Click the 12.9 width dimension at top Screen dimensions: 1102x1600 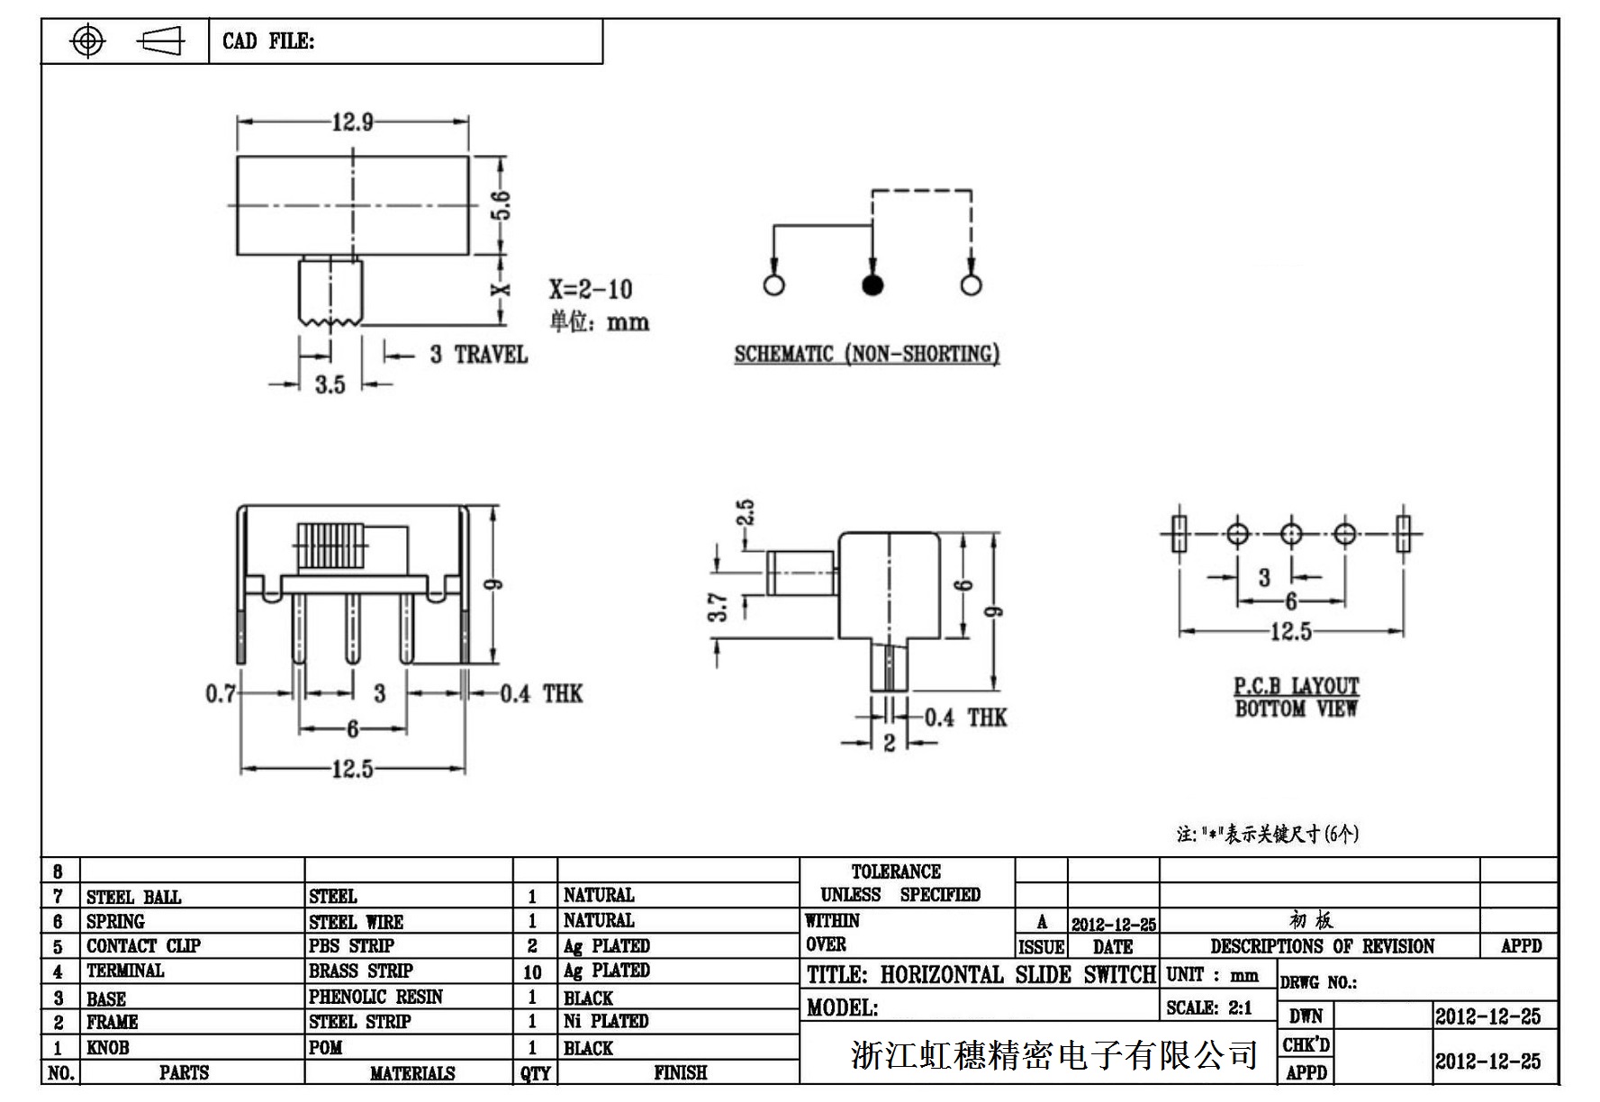click(352, 122)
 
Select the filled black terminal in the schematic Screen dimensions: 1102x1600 click(872, 285)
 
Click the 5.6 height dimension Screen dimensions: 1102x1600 click(502, 205)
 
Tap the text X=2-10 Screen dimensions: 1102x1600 click(591, 289)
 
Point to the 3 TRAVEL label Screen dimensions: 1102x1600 click(478, 355)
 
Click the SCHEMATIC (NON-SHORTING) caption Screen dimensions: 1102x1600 click(866, 354)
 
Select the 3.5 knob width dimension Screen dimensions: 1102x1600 click(330, 385)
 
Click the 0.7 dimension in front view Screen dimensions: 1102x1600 click(220, 693)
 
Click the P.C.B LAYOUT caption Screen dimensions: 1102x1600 click(1296, 686)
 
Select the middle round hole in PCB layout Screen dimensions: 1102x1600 click(1291, 534)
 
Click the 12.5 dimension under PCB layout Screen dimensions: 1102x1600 click(1290, 632)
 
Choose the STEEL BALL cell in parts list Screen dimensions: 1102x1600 click(133, 898)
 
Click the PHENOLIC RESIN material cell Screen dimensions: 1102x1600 click(375, 997)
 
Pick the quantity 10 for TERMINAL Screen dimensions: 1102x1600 click(532, 972)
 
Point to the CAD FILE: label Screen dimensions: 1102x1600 click(268, 41)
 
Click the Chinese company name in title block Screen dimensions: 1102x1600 click(1053, 1054)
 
